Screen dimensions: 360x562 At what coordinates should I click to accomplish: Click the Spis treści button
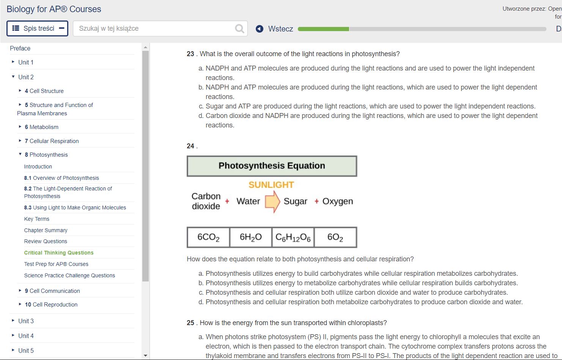[x=37, y=28]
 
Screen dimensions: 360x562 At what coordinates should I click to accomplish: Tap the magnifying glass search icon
[x=239, y=29]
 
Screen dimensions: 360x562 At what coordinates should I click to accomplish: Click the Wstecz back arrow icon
[x=260, y=29]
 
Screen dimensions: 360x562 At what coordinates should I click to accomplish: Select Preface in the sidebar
[x=20, y=48]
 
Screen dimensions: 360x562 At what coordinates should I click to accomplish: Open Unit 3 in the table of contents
[x=26, y=321]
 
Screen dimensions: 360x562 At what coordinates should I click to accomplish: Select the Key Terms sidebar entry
[x=37, y=219]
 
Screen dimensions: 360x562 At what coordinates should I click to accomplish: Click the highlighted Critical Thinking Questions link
[x=59, y=253]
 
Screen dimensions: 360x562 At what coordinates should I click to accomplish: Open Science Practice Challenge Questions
[x=69, y=275]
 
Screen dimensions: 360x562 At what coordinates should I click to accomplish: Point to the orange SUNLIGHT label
[x=271, y=185]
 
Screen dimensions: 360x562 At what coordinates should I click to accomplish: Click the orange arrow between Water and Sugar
[x=272, y=201]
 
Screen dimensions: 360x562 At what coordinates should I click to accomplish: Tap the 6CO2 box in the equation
[x=208, y=237]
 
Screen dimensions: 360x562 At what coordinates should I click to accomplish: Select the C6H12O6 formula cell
[x=293, y=237]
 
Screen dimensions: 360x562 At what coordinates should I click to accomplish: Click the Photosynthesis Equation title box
[x=272, y=166]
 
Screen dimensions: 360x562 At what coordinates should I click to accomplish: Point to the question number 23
[x=190, y=54]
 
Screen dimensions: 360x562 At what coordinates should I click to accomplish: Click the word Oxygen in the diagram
[x=337, y=201]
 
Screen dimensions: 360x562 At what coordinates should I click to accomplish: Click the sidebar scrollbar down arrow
[x=145, y=355]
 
